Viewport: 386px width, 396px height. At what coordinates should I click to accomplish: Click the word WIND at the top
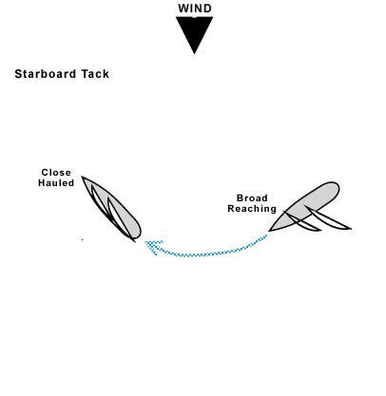(195, 9)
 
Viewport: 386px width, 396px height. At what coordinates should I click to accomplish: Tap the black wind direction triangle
(195, 33)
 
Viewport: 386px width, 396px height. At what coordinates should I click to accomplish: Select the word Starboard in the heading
(47, 74)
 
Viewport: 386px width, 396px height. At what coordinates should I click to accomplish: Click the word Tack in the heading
(95, 74)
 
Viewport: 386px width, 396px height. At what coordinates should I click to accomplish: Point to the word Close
(56, 173)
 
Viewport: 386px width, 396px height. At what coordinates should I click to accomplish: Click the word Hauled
(56, 182)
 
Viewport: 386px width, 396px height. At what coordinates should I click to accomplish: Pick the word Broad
(252, 198)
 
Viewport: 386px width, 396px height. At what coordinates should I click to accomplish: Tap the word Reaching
(252, 209)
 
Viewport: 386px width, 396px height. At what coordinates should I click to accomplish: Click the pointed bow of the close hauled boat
(83, 178)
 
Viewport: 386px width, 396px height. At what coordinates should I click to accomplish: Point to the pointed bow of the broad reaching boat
(271, 230)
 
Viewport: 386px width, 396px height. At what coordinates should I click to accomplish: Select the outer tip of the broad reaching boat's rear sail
(351, 229)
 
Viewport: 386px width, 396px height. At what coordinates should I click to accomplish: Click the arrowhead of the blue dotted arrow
(150, 246)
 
